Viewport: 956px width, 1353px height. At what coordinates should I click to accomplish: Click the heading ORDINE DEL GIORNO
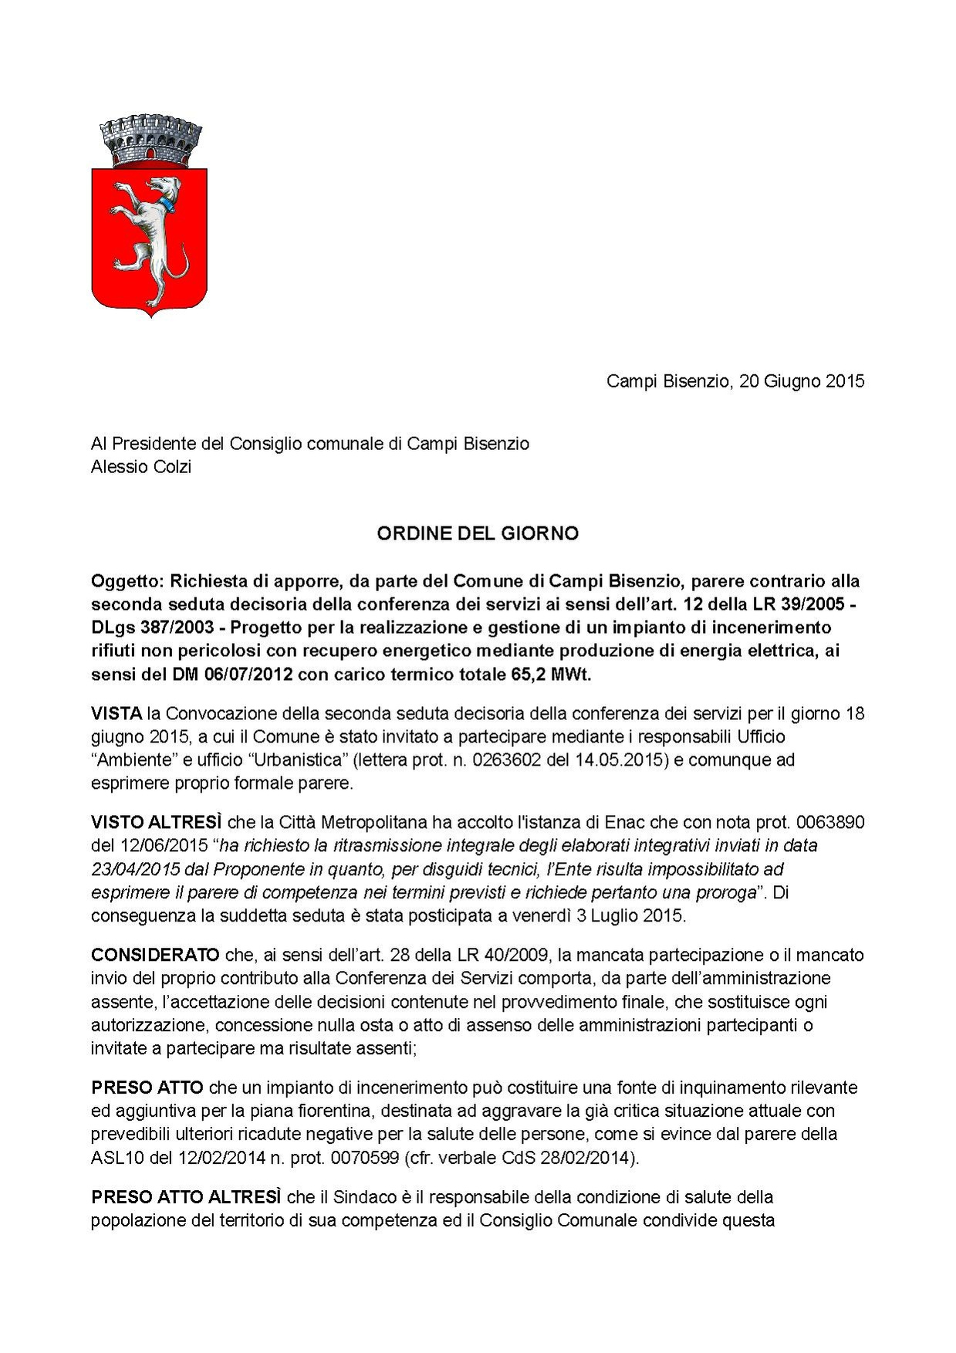coord(478,533)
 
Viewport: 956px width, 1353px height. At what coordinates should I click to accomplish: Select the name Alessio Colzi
coord(141,467)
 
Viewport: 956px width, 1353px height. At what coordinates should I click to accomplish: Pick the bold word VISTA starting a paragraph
coord(117,712)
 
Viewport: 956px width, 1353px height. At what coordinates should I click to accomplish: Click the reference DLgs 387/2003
coord(152,627)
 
